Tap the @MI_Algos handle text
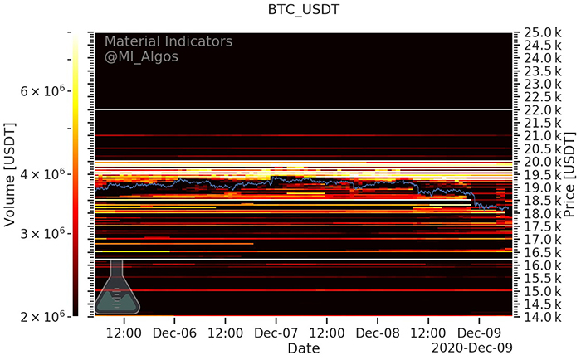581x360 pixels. coord(141,56)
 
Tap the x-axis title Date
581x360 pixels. coord(303,349)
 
